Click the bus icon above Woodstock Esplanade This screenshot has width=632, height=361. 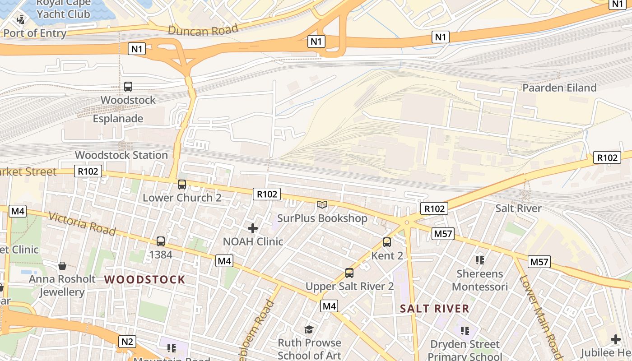coord(128,87)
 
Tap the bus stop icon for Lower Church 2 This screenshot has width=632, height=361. coord(182,185)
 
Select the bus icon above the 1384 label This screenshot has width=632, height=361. coord(161,241)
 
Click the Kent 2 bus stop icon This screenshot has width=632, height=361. coord(387,242)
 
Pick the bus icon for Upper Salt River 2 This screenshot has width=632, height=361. coord(349,273)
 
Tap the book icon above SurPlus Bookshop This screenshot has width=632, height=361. coord(322,205)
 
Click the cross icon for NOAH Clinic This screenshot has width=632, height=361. coord(253,228)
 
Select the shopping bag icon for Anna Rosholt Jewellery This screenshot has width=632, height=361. coord(62,266)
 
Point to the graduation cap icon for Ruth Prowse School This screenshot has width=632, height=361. coord(309,329)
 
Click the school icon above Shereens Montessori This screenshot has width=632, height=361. coord(479,260)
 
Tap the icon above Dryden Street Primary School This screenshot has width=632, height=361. coord(465,331)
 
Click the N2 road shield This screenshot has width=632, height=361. coord(127,342)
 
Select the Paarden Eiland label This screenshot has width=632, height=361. coord(559,88)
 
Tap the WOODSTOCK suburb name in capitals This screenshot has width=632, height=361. coord(145,280)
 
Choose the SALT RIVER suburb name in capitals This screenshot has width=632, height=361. coord(435,309)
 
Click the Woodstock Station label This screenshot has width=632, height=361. coord(121,155)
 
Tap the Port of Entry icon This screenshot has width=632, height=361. coord(21,19)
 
